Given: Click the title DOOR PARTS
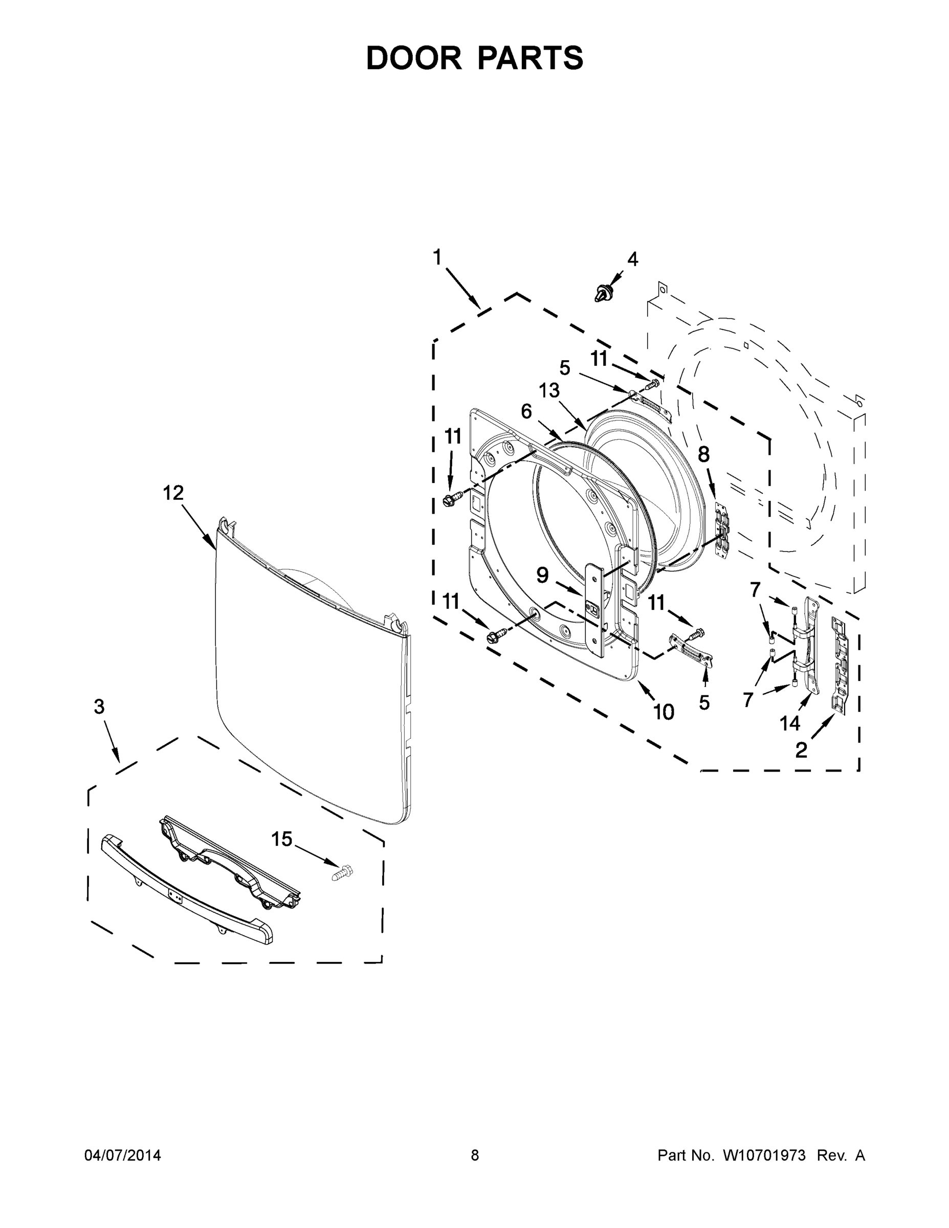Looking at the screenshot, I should tap(475, 58).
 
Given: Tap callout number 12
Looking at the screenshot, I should tap(173, 493).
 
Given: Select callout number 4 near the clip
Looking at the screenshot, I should tap(632, 259).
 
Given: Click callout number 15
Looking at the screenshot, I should tap(282, 840).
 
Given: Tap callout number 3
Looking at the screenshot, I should tap(99, 707).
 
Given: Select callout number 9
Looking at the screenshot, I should tap(542, 575).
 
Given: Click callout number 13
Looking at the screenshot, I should tap(549, 390).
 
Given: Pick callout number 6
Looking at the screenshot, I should tap(526, 411).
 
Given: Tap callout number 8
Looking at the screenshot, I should tap(703, 454).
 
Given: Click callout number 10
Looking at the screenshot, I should tap(664, 712).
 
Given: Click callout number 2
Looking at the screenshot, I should tap(801, 750).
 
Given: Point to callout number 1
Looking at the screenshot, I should tap(437, 257).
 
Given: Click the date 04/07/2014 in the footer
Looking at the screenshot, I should tap(123, 1155).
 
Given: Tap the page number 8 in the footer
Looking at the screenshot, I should tap(475, 1155).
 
